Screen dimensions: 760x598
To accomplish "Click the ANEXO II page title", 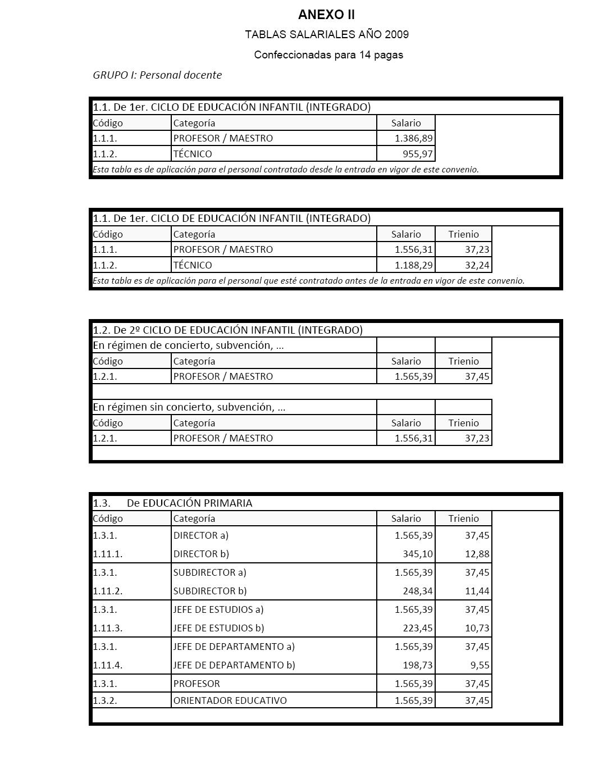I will tap(326, 15).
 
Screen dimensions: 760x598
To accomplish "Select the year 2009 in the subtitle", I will tap(396, 35).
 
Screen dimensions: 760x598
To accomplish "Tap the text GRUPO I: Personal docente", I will tap(157, 75).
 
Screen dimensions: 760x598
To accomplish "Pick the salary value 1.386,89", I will tap(414, 138).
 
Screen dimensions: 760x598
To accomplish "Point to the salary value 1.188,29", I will tap(414, 265).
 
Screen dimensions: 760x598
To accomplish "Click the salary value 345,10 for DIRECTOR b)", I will tap(418, 554).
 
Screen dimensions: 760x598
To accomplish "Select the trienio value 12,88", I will tap(477, 554).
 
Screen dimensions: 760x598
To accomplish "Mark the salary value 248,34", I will tap(418, 591).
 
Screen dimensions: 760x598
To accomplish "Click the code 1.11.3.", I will tap(108, 628).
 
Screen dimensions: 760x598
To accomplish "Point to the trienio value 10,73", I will tap(477, 628).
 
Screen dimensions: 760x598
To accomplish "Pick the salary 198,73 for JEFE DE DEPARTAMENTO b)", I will tap(418, 665).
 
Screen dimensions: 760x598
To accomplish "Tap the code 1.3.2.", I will tap(106, 700).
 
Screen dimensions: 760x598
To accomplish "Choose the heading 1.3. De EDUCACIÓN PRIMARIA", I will tap(173, 503).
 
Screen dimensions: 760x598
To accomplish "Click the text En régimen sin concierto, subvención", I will tap(189, 407).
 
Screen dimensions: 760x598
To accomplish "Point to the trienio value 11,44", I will tap(477, 591).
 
